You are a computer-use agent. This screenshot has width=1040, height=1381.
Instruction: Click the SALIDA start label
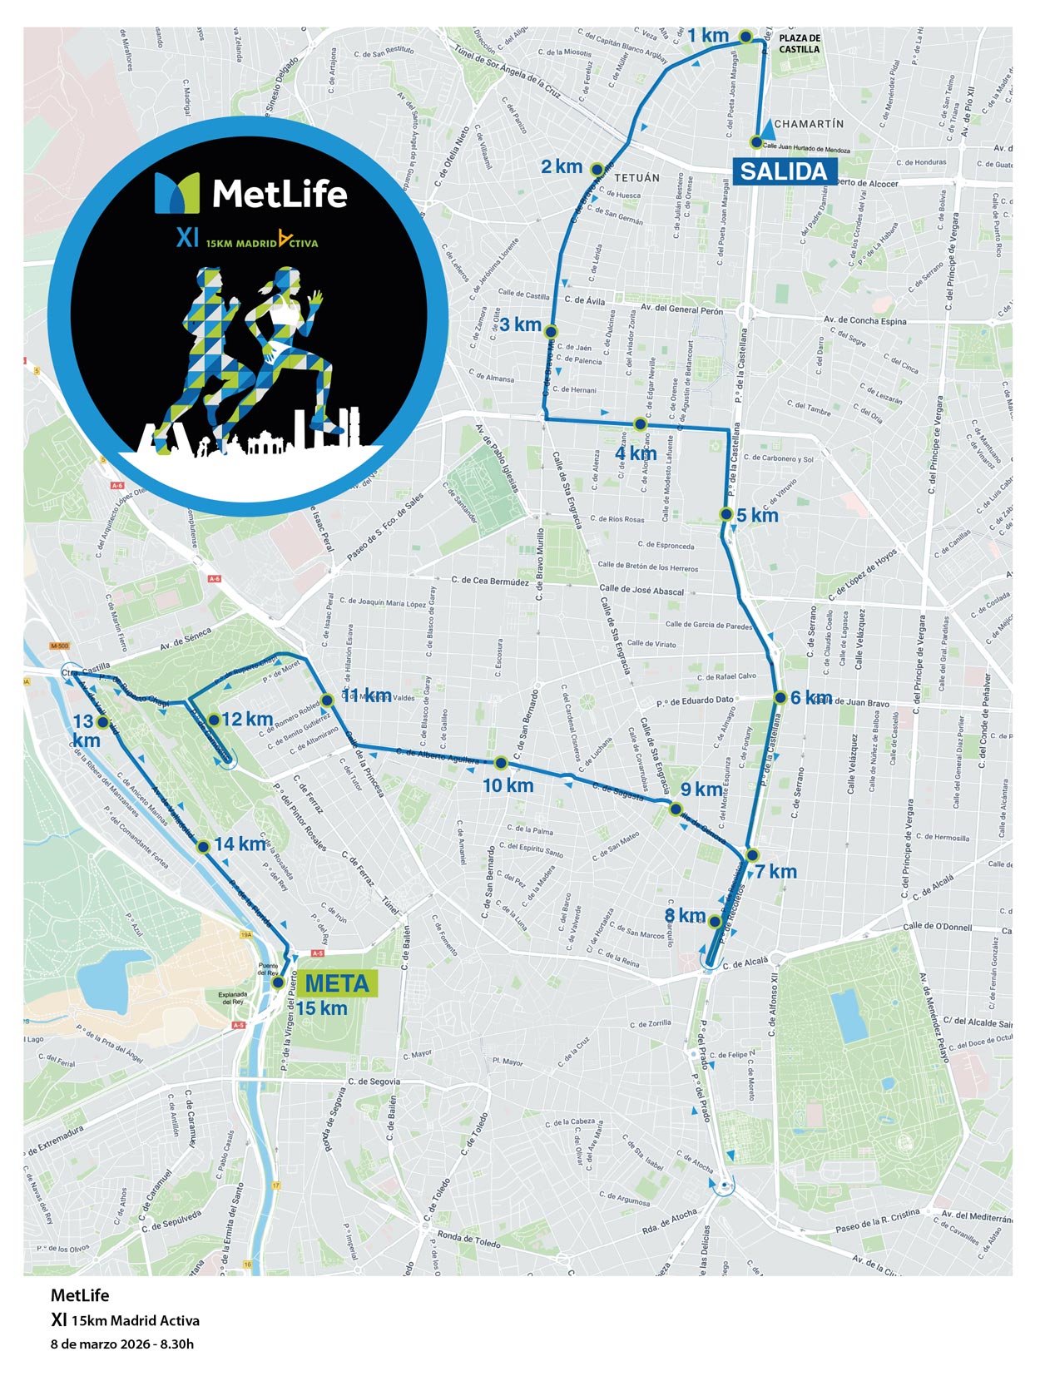[x=783, y=171]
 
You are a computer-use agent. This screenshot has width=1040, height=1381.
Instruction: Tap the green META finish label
[x=336, y=983]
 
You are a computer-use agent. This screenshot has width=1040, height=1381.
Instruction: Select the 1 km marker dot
[x=746, y=36]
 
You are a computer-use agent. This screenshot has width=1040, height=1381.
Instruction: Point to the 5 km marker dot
[x=726, y=514]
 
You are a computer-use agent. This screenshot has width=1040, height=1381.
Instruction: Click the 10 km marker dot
[x=501, y=763]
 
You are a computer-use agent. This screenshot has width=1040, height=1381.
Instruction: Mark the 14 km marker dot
[x=202, y=847]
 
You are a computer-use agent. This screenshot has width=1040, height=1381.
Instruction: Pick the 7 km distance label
[x=776, y=872]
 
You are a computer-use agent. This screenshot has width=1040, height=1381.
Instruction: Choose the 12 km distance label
[x=247, y=719]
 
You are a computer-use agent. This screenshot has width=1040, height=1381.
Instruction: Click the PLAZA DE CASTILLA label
[x=799, y=43]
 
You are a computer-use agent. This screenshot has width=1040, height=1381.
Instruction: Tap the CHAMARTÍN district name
[x=809, y=124]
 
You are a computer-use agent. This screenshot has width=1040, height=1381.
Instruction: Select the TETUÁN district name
[x=636, y=177]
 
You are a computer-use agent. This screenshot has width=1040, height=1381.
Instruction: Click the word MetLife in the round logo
[x=280, y=195]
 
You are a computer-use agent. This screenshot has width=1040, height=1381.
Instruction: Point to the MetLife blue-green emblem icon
[x=177, y=193]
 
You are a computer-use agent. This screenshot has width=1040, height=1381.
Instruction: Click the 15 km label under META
[x=321, y=1009]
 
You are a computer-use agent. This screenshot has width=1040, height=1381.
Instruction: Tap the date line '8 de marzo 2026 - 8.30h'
[x=122, y=1344]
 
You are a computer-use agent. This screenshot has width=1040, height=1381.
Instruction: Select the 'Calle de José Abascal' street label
[x=641, y=590]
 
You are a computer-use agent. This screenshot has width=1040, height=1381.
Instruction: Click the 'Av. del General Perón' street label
[x=681, y=309]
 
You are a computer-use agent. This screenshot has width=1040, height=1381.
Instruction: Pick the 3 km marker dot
[x=550, y=331]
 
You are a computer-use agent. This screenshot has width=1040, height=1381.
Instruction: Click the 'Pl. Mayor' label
[x=507, y=1062]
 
